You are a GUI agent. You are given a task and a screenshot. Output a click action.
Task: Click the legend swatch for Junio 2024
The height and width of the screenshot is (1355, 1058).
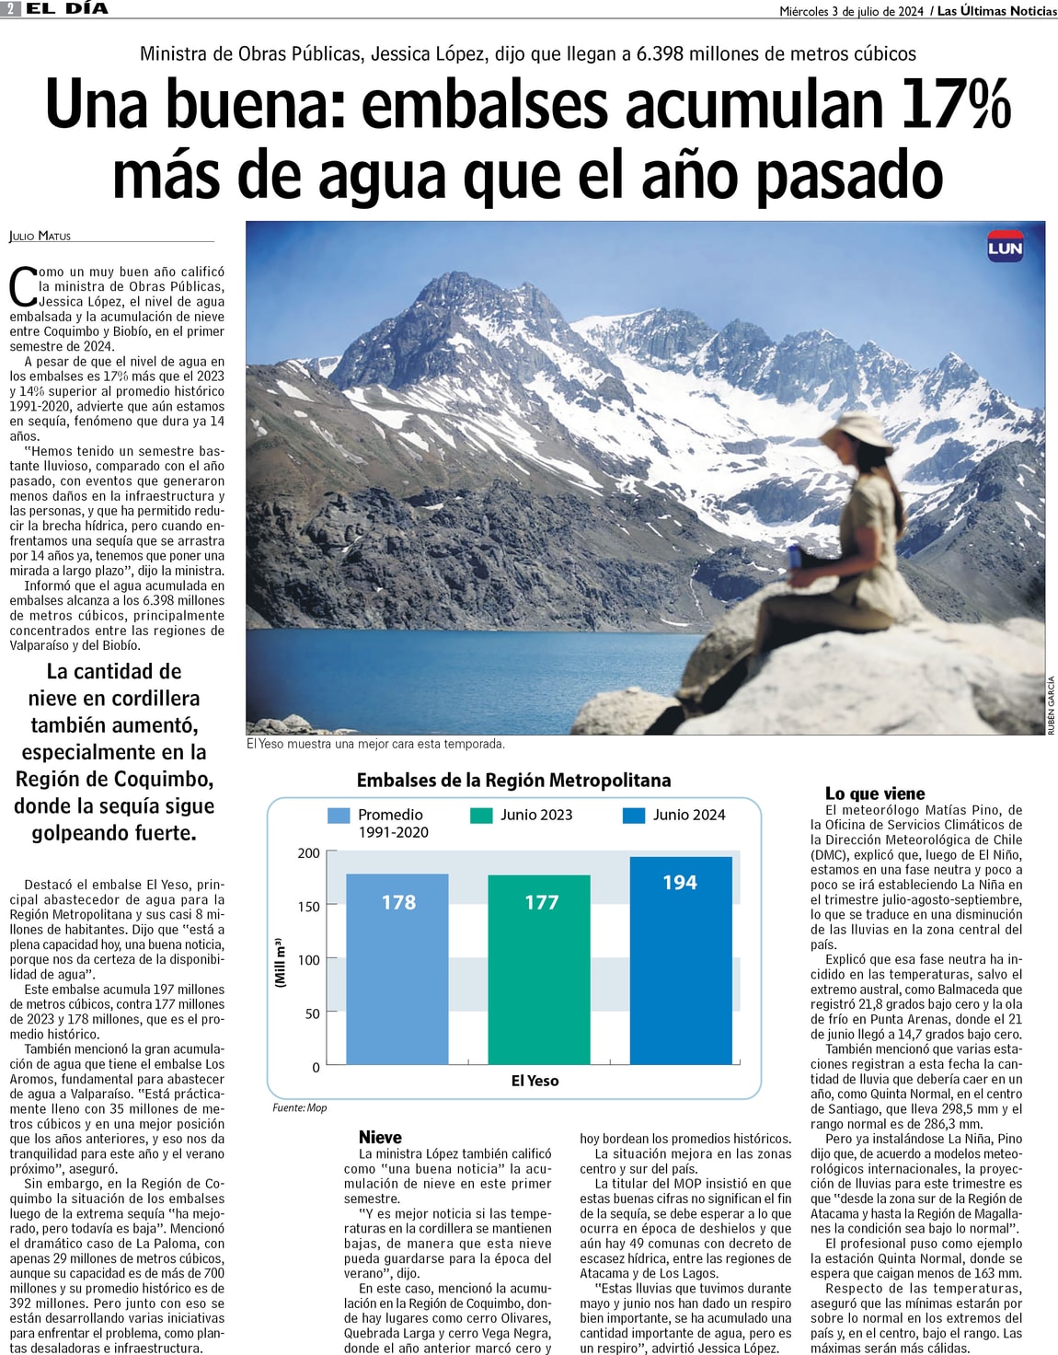pos(634,815)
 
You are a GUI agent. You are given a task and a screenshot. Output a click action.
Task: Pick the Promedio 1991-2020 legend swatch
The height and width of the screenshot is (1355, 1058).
pos(339,815)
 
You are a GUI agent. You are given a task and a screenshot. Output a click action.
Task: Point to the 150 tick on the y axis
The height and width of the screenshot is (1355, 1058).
pos(309,907)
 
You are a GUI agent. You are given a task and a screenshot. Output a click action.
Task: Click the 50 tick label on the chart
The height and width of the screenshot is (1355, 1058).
pos(313,1013)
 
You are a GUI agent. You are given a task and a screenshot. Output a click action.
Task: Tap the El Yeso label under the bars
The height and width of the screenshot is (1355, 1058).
pos(535,1081)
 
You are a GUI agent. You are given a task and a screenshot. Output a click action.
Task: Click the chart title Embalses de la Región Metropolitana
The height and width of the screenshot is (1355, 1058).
pos(513,781)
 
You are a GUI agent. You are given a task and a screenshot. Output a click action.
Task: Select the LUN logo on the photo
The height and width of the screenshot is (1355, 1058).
pos(1005,248)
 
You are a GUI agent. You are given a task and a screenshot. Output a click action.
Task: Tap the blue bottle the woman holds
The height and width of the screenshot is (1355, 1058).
pos(794,556)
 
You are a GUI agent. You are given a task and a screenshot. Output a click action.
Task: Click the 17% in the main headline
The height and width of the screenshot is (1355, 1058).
pos(955,104)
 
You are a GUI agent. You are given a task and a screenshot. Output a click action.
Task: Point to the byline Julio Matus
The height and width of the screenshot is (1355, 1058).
pos(40,237)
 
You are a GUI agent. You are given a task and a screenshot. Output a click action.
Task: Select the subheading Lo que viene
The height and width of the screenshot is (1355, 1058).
pos(875,793)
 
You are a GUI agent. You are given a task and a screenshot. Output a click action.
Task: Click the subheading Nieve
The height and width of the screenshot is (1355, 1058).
pos(380,1137)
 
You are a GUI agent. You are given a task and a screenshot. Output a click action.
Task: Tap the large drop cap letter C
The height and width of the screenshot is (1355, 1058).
pos(22,286)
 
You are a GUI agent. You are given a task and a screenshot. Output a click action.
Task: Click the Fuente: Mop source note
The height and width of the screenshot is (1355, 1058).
pos(300,1107)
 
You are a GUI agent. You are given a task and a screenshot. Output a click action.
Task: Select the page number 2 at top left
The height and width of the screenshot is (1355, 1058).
pos(11,8)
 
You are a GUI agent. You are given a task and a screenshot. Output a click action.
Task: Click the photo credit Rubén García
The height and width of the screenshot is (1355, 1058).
pos(1051,704)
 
